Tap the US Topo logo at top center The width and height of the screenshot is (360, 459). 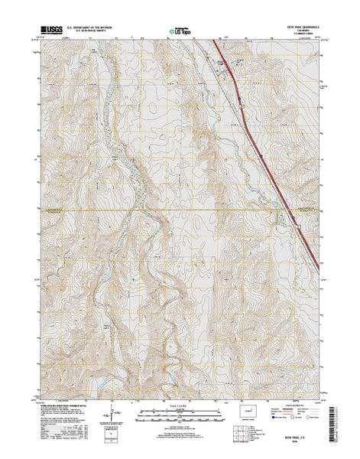click(180, 32)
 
